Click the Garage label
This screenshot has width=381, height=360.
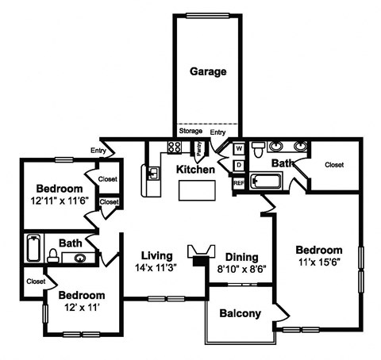click(208, 71)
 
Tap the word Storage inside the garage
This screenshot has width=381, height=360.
click(190, 132)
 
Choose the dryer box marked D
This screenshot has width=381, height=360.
click(239, 165)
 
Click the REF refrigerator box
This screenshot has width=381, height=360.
click(238, 183)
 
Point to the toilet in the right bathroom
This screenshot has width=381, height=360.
click(258, 147)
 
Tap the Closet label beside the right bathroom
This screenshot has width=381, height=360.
click(335, 165)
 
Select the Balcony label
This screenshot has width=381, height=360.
click(240, 313)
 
